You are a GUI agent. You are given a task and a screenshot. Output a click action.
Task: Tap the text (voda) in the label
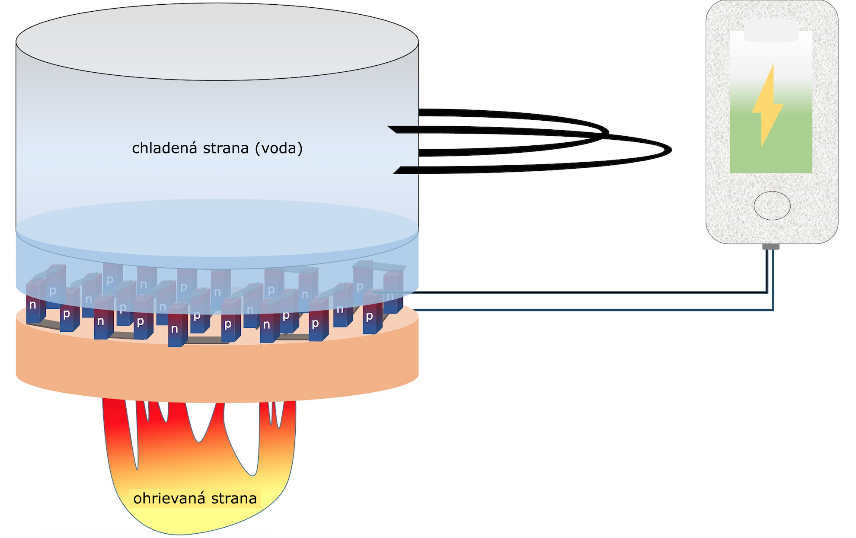pyautogui.click(x=278, y=148)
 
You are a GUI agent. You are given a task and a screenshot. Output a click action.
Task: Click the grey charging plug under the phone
pyautogui.click(x=770, y=247)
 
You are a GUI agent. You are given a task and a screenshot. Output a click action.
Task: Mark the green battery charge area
pyautogui.click(x=771, y=143)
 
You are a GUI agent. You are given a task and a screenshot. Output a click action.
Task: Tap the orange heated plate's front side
pyautogui.click(x=216, y=372)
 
